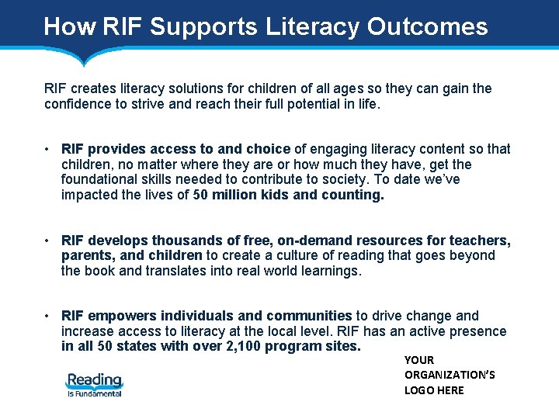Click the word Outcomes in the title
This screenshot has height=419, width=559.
[x=427, y=26]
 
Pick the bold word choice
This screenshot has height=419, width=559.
[x=268, y=149]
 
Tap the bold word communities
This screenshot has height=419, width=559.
[x=309, y=316]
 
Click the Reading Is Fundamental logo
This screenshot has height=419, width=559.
[x=94, y=384]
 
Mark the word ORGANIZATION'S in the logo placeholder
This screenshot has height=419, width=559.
[x=450, y=375]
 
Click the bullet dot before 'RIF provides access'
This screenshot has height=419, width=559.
[x=48, y=149]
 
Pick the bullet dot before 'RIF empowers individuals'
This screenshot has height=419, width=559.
[x=48, y=316]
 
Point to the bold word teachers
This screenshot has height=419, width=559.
[x=482, y=241]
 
